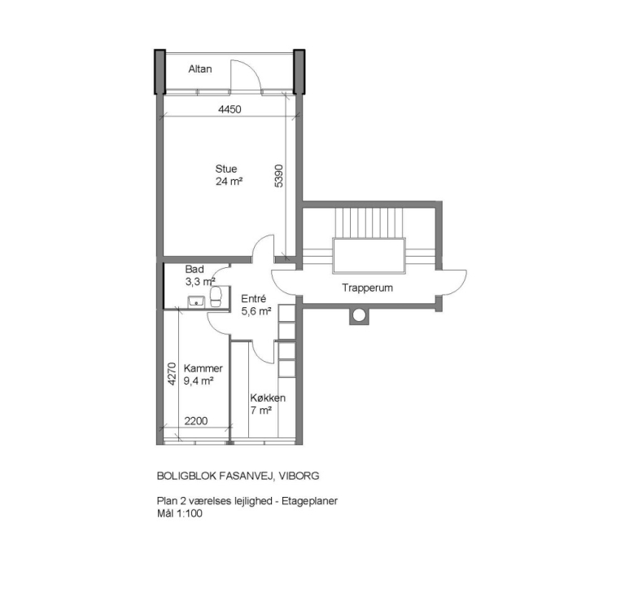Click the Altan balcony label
[199, 69]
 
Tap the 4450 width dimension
[229, 109]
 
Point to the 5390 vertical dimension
[279, 176]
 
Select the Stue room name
[226, 169]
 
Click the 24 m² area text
[229, 182]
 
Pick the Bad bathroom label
[194, 270]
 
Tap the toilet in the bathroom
[216, 297]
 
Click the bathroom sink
[196, 301]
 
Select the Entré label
[254, 299]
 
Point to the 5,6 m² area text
[256, 311]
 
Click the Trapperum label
[367, 288]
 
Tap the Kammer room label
[203, 368]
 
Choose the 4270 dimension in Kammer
[172, 374]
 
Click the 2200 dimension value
[195, 421]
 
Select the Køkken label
[268, 398]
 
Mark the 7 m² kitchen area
[261, 411]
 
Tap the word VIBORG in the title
[299, 476]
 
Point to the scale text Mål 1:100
[179, 513]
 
